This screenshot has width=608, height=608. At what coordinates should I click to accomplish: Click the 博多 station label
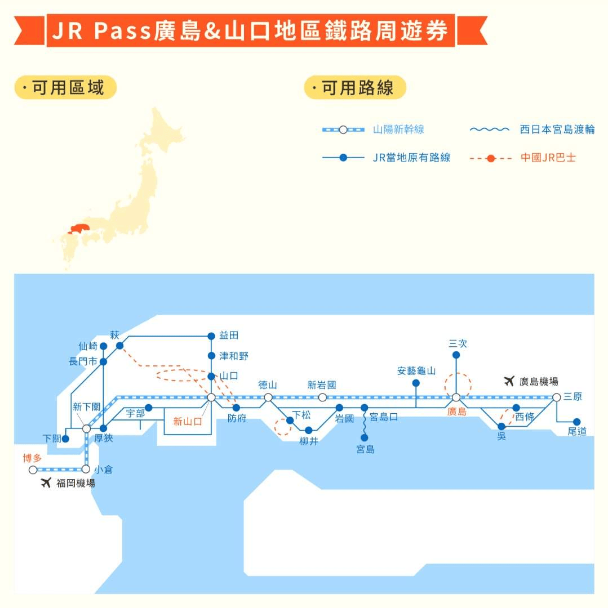coord(32,458)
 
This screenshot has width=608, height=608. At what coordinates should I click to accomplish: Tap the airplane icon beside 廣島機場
coord(509,381)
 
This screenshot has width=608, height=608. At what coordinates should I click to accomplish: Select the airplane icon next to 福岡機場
coord(46,482)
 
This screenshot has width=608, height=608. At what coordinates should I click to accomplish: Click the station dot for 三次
coord(456,355)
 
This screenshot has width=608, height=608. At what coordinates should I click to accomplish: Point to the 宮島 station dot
coord(365,437)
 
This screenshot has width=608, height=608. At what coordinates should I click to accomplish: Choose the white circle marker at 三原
coord(556,397)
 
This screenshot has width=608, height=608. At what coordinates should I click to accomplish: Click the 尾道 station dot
coord(576,422)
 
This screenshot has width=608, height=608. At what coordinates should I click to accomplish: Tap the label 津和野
coord(234,356)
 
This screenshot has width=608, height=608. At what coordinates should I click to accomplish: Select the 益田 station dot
coord(211,336)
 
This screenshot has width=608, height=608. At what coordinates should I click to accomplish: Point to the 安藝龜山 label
coord(416,371)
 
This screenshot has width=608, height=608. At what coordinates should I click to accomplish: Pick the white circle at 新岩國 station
coord(322,397)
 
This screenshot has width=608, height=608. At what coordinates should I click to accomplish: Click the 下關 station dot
coord(65,439)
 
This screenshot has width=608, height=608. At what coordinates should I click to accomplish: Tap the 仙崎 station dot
coord(103,346)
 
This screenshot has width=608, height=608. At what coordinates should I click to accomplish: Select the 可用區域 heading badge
coord(65,88)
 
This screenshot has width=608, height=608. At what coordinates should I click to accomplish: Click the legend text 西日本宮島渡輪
coord(557,129)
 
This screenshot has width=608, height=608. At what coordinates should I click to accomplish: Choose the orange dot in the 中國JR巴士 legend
coord(490,158)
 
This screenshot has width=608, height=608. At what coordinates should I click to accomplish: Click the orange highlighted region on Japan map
coord(78,229)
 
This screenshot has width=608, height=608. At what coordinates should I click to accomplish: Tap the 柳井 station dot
coord(308,430)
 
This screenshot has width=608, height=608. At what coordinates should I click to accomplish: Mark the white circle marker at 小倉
coord(86,469)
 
